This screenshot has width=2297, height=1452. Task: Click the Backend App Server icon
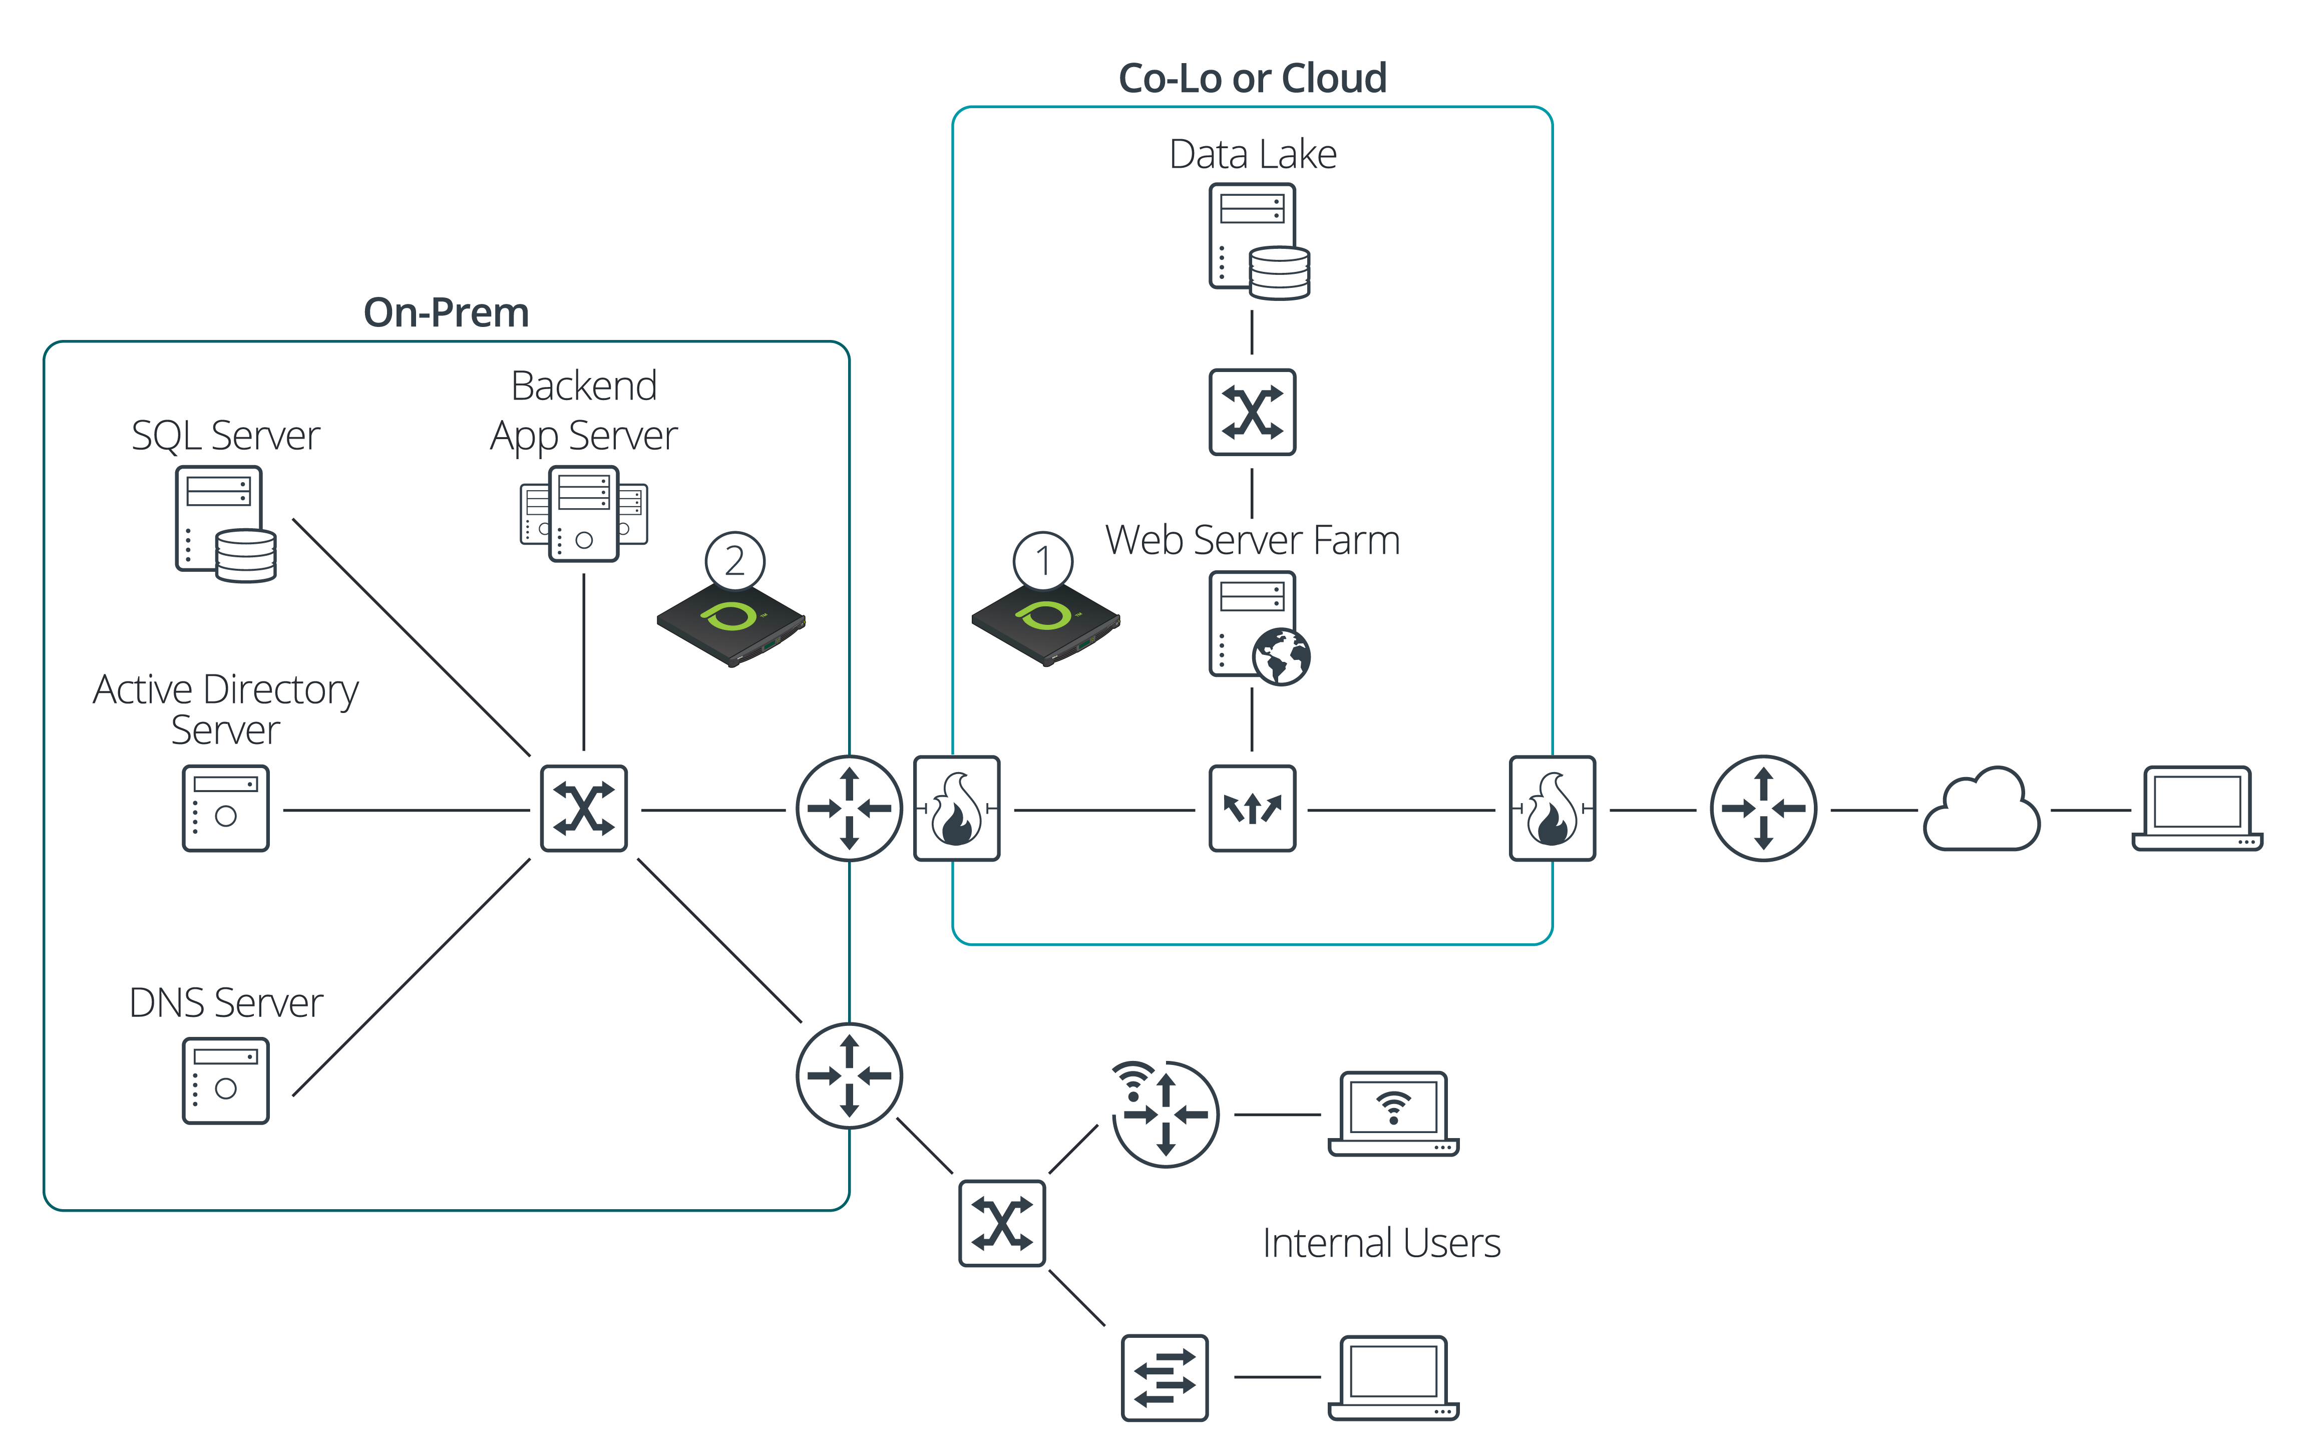coord(584,513)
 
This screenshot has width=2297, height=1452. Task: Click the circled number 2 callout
coord(734,561)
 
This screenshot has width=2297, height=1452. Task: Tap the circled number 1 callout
coord(1043,561)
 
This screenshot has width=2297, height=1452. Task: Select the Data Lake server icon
coord(1257,241)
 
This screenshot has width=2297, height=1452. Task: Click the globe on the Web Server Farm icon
coord(1281,656)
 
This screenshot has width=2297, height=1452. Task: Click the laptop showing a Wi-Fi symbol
coord(1393,1114)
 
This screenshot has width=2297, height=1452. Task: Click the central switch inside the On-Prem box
coord(584,808)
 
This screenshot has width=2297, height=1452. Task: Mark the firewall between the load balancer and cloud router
coord(1552,808)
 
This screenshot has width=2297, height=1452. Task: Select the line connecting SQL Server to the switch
coord(410,636)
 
